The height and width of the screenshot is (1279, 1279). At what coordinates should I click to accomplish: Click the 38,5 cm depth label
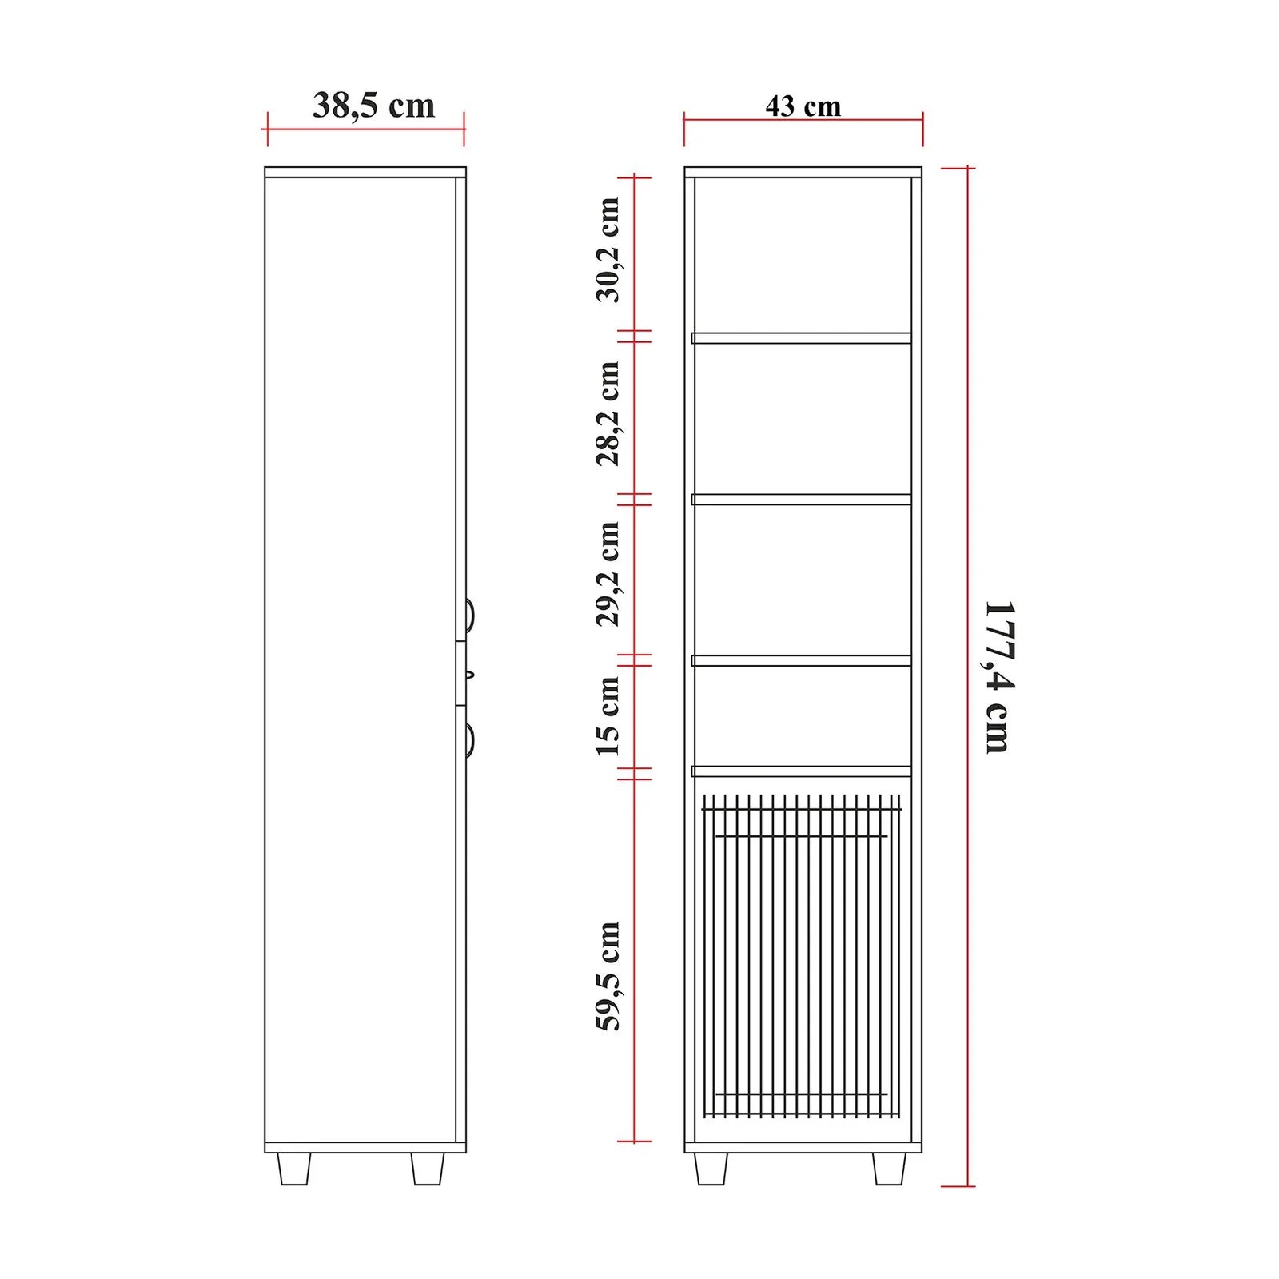pos(373,106)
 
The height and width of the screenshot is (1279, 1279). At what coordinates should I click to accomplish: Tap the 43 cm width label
pos(803,106)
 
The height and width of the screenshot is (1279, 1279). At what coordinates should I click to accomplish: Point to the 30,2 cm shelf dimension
pos(608,249)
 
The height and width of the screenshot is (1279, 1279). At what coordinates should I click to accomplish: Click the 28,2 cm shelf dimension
pos(608,413)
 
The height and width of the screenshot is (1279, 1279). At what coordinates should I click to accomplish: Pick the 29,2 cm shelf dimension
pos(608,574)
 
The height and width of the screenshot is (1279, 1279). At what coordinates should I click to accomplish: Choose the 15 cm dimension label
pos(608,716)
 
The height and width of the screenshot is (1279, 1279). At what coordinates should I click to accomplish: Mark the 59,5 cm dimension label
pos(608,976)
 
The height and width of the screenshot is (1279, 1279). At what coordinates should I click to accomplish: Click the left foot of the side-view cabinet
pos(293,1168)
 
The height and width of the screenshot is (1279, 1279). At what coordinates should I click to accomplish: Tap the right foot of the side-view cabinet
pos(428,1168)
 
